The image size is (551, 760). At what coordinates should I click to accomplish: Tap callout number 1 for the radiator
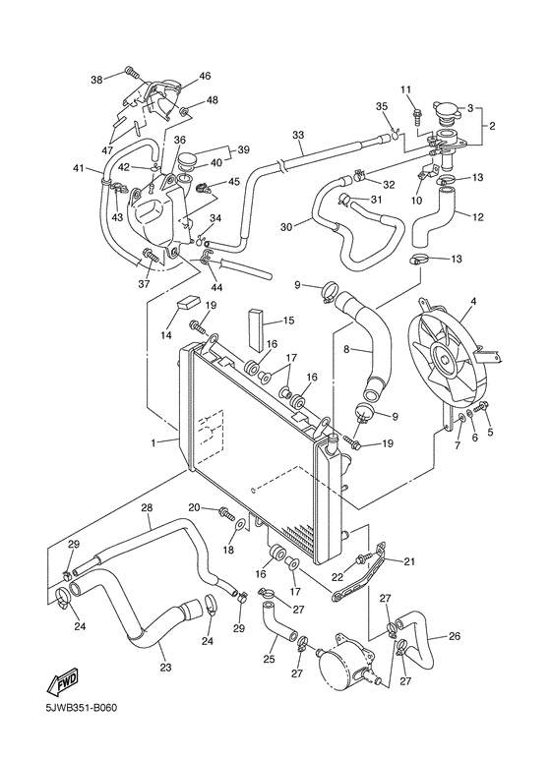click(153, 442)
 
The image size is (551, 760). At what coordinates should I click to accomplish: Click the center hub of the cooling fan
click(446, 362)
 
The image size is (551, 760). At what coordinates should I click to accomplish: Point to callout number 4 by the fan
click(473, 301)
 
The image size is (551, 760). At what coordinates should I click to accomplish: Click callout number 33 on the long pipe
click(298, 134)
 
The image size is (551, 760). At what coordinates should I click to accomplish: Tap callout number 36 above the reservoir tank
click(179, 140)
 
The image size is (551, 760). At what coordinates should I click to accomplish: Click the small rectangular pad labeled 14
click(188, 303)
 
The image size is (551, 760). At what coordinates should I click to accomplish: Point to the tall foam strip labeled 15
click(256, 329)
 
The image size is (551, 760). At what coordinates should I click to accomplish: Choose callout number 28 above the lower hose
click(147, 508)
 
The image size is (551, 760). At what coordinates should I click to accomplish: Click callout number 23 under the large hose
click(166, 667)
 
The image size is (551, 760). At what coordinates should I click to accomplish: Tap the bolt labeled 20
click(226, 510)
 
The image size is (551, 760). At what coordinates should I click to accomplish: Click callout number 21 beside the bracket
click(410, 561)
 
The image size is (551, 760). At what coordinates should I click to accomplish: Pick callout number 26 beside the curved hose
click(454, 635)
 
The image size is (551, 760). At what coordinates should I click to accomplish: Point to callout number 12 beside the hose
click(478, 217)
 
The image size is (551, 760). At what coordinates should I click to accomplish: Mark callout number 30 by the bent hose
click(286, 226)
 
